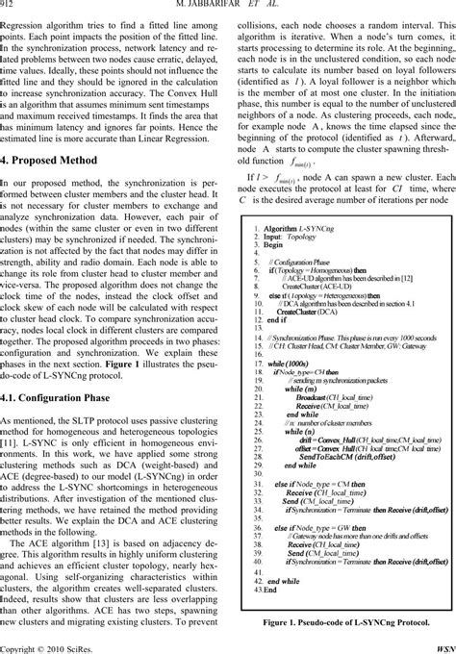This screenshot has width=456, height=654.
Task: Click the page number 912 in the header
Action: click(10, 7)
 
